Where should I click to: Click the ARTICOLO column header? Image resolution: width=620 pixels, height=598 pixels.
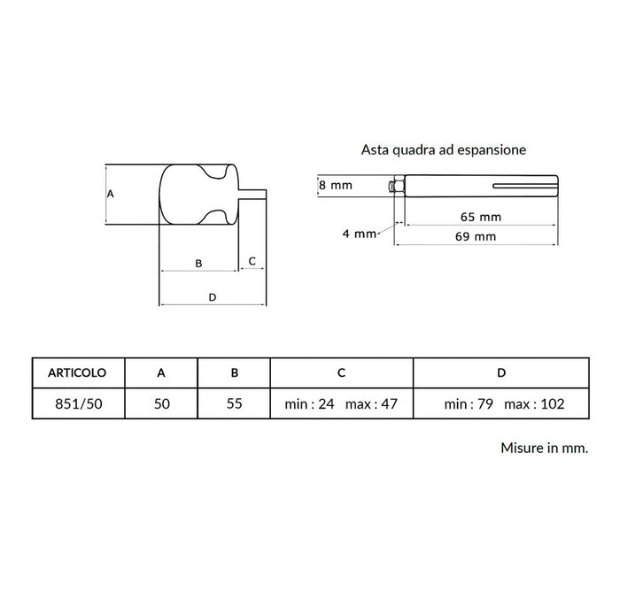77,372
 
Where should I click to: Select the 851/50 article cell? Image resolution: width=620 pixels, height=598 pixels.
79,403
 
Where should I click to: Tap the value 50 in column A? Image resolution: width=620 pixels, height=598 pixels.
162,403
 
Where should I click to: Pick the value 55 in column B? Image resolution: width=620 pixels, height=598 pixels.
234,403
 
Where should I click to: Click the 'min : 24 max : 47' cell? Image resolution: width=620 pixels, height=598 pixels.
341,403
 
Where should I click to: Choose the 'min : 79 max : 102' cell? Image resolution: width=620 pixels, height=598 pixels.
504,403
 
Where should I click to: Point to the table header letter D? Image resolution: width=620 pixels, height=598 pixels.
501,372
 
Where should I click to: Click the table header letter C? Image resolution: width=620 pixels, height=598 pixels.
341,372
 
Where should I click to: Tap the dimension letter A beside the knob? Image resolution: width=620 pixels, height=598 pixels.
111,194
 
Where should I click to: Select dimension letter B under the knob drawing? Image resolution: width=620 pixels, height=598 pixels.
199,263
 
